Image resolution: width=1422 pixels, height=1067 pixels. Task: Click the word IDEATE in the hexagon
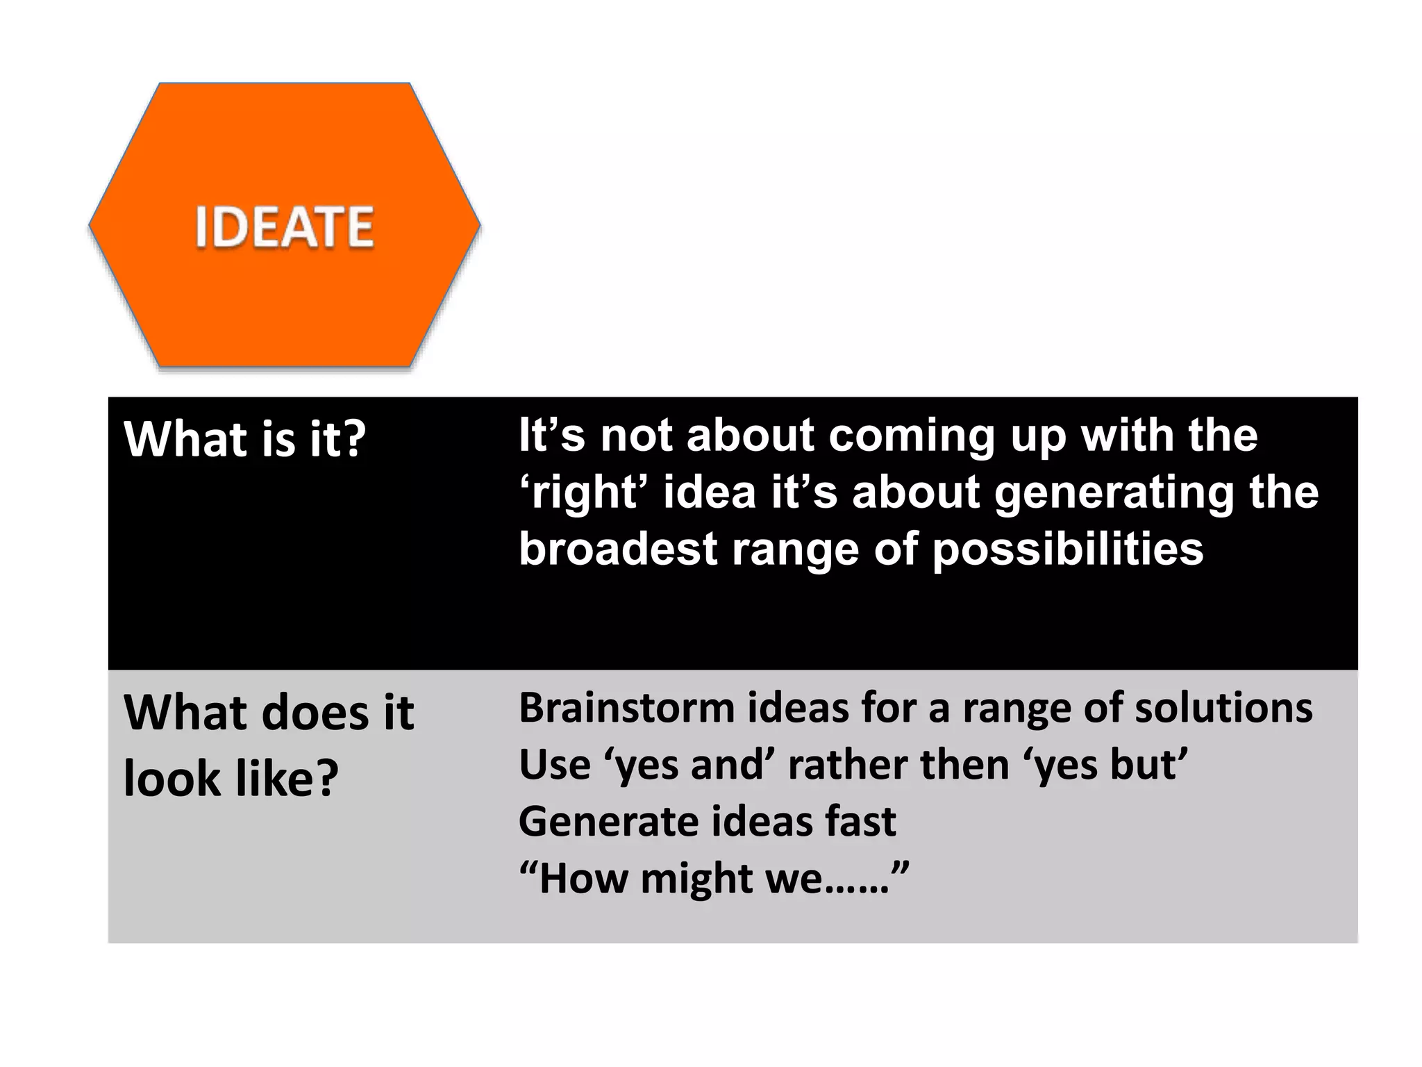[284, 226]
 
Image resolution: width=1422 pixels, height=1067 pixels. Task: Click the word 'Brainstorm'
[626, 708]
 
